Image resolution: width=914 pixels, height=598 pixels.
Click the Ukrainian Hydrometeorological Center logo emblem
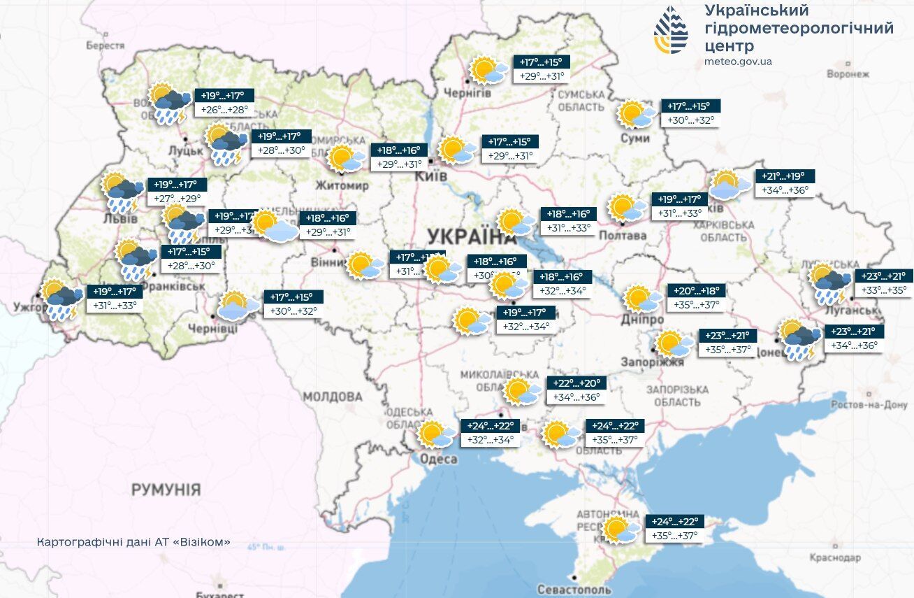(x=670, y=30)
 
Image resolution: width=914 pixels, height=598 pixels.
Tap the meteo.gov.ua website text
(x=738, y=62)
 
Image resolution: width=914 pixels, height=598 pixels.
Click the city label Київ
(x=431, y=176)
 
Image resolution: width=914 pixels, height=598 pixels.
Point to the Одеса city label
(x=438, y=459)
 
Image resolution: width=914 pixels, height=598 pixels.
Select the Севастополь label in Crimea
(x=574, y=589)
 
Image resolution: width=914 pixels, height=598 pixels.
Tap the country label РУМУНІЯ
(x=166, y=489)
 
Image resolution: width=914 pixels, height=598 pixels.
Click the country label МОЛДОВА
(x=333, y=397)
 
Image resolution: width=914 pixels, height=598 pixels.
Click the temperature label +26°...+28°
(x=224, y=110)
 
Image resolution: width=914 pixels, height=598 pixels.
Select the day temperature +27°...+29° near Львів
(x=177, y=199)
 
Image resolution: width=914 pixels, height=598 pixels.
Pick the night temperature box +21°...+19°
(x=785, y=177)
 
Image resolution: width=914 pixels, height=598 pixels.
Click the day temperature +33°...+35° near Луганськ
(x=883, y=290)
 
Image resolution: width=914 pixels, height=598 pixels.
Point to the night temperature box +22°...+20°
(x=576, y=383)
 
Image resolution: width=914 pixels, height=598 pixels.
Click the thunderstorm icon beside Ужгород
(x=61, y=299)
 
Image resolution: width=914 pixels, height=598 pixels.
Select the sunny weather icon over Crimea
(x=619, y=529)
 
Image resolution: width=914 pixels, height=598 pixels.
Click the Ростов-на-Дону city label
(x=869, y=405)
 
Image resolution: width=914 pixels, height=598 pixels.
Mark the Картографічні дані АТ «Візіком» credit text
(x=133, y=542)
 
